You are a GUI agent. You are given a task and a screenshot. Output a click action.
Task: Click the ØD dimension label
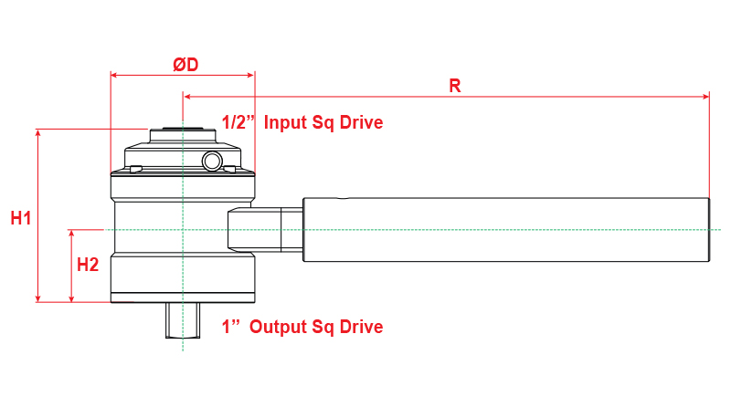click(185, 65)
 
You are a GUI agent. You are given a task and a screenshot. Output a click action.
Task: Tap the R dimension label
click(454, 86)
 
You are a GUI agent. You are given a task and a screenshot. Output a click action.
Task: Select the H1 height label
click(21, 218)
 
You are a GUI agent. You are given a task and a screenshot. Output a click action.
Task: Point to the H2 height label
click(88, 266)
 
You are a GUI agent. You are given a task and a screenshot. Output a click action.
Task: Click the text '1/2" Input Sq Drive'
click(302, 122)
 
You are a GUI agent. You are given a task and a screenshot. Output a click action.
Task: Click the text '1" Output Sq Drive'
click(302, 327)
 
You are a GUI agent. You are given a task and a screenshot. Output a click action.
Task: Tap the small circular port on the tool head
click(213, 162)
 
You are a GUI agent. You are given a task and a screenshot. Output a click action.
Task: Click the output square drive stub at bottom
click(183, 320)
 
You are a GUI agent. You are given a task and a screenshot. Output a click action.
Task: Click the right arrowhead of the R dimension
click(705, 96)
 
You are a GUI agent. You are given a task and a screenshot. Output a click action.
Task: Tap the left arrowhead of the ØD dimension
click(113, 76)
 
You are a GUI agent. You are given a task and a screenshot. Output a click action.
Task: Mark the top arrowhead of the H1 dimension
click(37, 133)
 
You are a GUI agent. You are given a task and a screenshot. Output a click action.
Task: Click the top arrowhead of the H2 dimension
click(71, 234)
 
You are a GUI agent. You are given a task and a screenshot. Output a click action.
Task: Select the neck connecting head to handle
click(265, 229)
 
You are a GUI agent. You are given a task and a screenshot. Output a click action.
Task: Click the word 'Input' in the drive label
click(285, 122)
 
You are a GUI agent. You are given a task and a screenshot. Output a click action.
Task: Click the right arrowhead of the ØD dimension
click(251, 76)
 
